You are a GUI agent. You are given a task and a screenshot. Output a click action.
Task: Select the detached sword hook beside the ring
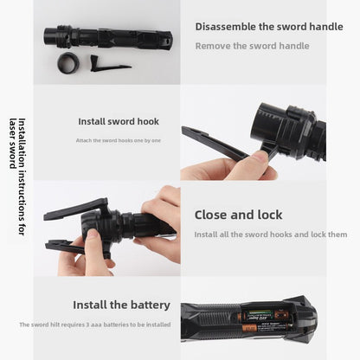click(x=109, y=65)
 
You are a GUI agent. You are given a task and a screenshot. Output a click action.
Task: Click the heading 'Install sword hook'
click(x=119, y=121)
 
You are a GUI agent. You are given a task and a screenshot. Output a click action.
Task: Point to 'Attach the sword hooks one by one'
click(x=119, y=140)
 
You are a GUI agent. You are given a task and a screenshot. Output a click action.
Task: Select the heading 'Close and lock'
click(x=238, y=215)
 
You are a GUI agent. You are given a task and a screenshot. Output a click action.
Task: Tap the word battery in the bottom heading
click(x=149, y=305)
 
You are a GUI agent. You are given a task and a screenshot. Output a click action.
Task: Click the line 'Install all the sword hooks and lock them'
click(x=270, y=235)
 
